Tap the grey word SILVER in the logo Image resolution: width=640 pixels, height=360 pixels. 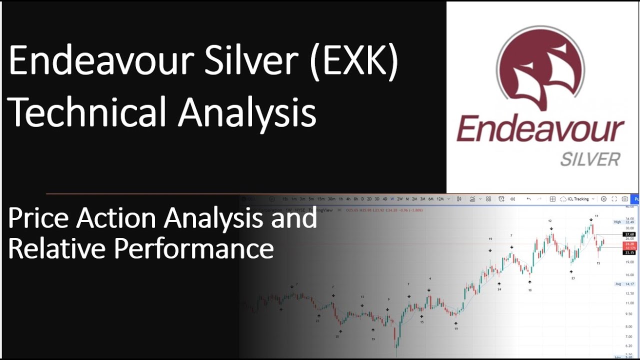pos(590,159)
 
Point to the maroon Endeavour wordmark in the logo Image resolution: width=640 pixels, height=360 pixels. pos(540,129)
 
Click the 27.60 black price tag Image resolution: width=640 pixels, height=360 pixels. pos(629,234)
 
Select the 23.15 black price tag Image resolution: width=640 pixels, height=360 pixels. pos(629,252)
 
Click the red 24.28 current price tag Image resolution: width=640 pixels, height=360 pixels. pos(629,244)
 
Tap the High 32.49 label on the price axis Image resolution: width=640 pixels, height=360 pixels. pos(623,222)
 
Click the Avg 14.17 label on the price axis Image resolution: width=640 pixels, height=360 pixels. pos(624,284)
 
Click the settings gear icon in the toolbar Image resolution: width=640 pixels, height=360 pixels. pos(603,199)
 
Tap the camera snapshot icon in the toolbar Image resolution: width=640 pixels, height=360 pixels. pos(624,199)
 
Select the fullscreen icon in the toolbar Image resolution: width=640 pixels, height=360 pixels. pos(614,199)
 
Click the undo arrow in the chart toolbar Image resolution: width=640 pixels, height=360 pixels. pos(529,199)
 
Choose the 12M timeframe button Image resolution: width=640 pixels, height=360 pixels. pos(440,199)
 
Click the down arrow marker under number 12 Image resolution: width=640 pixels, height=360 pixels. pos(551,229)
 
